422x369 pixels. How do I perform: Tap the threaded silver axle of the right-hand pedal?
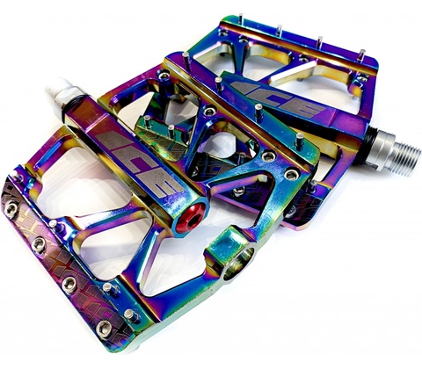point(402,160)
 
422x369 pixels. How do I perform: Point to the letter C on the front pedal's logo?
point(140,162)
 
